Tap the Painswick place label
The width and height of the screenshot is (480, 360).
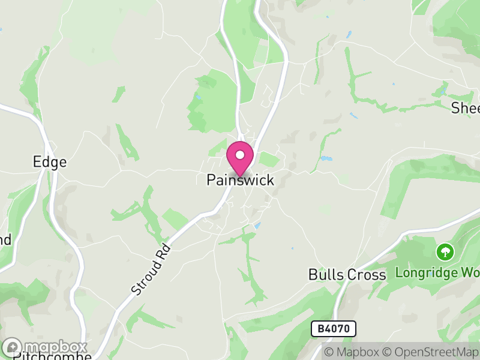(240, 179)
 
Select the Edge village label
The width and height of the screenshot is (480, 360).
(50, 162)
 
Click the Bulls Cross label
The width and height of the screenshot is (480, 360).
(347, 275)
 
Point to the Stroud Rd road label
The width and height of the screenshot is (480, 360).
(150, 269)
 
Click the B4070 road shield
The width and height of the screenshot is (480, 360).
(334, 328)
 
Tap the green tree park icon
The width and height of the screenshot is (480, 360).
(445, 251)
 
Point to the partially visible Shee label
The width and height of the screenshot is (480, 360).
(465, 108)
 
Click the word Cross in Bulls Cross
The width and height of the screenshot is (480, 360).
(367, 275)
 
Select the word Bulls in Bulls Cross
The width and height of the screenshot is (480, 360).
(326, 275)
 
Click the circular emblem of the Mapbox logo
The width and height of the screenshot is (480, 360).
(13, 347)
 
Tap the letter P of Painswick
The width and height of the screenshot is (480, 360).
(211, 179)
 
